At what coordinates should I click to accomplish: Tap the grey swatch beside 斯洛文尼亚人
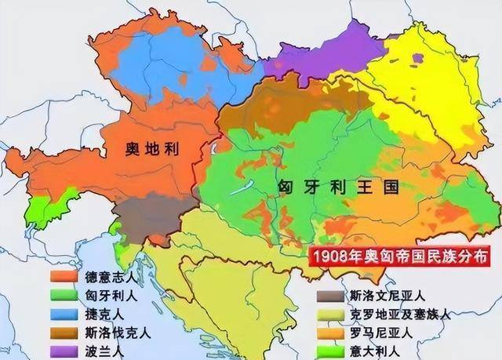(330, 296)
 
